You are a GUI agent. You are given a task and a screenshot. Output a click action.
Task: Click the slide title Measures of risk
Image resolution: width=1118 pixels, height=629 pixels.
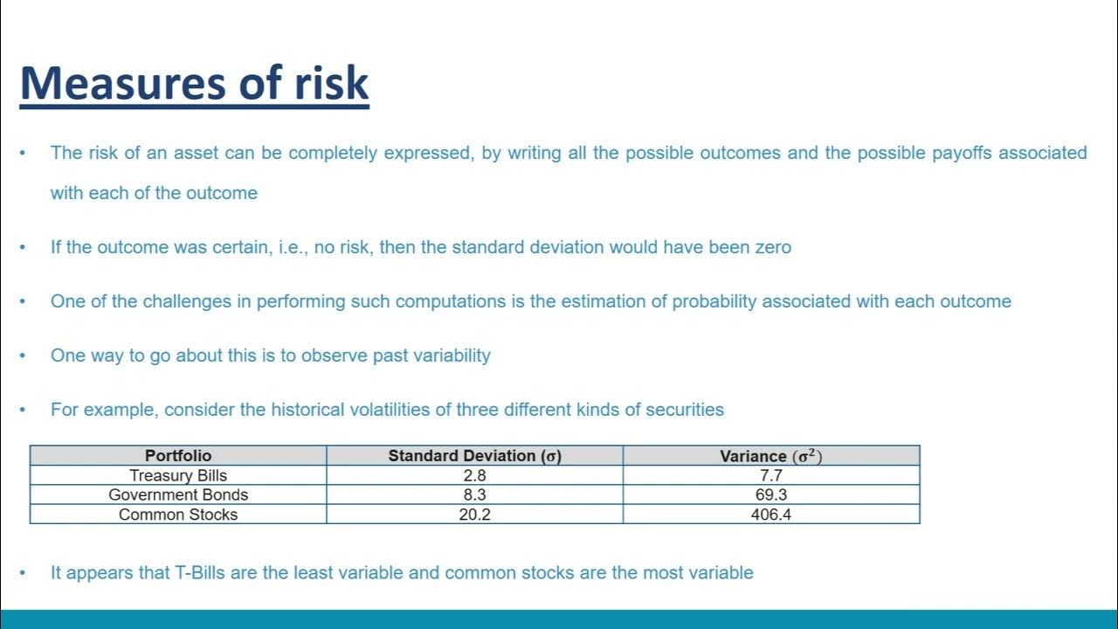coord(194,83)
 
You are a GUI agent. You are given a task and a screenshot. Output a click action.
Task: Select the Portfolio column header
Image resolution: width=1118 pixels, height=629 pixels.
coord(178,455)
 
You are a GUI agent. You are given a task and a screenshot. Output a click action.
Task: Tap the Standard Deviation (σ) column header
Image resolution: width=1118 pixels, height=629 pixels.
coord(474,455)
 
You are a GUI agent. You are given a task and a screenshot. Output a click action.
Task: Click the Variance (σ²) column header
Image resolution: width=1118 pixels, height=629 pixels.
coord(771,455)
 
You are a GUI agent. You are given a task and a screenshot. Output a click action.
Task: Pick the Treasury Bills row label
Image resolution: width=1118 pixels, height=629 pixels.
coord(178,475)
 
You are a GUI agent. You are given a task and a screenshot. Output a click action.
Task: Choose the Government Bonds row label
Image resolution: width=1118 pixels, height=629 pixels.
coord(178,494)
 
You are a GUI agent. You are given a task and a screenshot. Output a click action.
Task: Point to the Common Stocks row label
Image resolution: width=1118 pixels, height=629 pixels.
coord(178,515)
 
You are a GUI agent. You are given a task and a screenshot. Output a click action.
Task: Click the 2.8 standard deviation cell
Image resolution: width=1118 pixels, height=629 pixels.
coord(475,475)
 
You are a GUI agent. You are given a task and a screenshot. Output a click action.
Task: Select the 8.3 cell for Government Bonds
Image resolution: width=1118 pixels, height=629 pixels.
coord(475,494)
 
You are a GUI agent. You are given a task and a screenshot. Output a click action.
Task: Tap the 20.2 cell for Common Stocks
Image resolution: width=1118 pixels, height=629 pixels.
coord(475,515)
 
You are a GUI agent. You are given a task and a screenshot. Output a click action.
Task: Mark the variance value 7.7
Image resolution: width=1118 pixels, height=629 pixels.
coord(771,475)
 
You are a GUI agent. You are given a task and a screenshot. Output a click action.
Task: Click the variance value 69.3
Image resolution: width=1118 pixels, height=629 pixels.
coord(771,494)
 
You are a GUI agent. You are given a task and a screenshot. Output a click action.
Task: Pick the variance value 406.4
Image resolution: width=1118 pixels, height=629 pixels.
coord(771,515)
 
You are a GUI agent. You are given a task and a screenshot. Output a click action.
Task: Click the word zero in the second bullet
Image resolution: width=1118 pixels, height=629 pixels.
coord(771,247)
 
